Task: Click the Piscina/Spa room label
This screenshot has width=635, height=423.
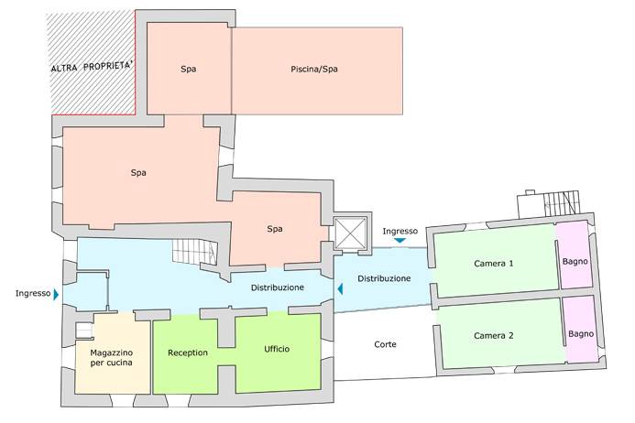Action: click(x=316, y=69)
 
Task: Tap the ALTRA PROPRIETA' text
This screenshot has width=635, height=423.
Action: click(x=92, y=68)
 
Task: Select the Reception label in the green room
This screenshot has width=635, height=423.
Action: click(x=188, y=352)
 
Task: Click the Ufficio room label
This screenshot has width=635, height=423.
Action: click(x=277, y=349)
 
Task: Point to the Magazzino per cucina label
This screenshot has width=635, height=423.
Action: click(x=111, y=358)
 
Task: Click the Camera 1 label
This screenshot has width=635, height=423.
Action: click(x=493, y=264)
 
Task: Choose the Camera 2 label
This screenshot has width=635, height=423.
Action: click(x=493, y=336)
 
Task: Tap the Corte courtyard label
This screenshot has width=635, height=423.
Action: click(x=386, y=344)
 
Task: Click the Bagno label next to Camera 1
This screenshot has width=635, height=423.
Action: click(x=575, y=261)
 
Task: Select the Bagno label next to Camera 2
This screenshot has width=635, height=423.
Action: click(x=581, y=333)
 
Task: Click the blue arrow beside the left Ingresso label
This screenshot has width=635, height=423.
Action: click(x=56, y=295)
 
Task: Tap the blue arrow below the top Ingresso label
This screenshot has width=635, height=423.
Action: click(x=400, y=241)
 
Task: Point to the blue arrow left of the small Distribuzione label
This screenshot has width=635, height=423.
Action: click(x=341, y=289)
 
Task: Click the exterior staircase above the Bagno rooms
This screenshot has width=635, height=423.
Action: click(x=560, y=203)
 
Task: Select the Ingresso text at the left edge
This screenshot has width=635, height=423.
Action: click(x=32, y=294)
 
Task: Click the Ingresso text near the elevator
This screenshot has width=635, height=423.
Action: click(x=400, y=231)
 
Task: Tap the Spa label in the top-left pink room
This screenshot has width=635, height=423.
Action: click(x=188, y=69)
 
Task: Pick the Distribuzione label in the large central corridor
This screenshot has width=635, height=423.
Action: click(x=277, y=287)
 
